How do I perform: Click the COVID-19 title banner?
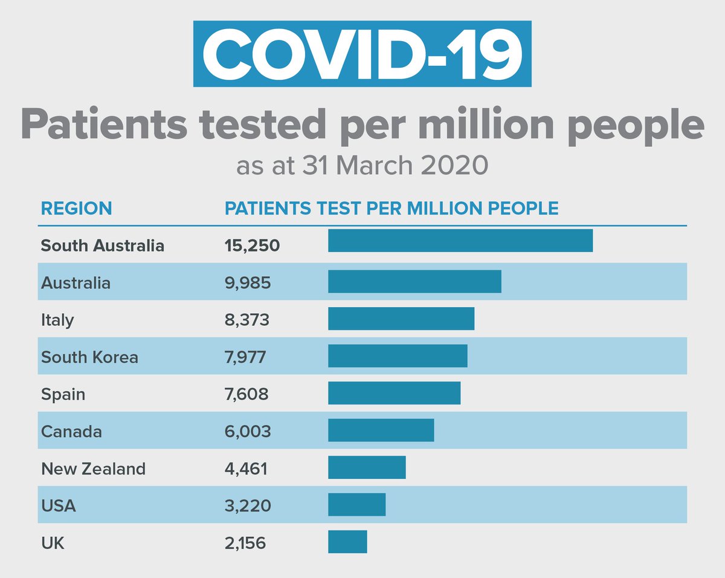pyautogui.click(x=362, y=54)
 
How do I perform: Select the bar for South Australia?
pyautogui.click(x=460, y=241)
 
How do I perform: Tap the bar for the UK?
pyautogui.click(x=347, y=542)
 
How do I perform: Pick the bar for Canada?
pyautogui.click(x=381, y=430)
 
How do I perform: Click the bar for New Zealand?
pyautogui.click(x=367, y=467)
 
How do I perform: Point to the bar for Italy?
pyautogui.click(x=401, y=319)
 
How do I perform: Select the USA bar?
pyautogui.click(x=356, y=504)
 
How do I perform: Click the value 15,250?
pyautogui.click(x=252, y=246)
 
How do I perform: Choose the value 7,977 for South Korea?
pyautogui.click(x=245, y=357)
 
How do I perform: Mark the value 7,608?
pyautogui.click(x=246, y=394)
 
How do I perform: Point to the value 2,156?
pyautogui.click(x=245, y=543)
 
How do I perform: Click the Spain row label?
pyautogui.click(x=63, y=395)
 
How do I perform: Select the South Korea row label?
pyautogui.click(x=89, y=357)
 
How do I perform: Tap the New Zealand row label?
pyautogui.click(x=93, y=469)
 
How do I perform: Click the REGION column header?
pyautogui.click(x=76, y=209)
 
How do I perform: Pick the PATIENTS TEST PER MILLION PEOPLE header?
pyautogui.click(x=391, y=209)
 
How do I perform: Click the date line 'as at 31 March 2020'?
pyautogui.click(x=362, y=165)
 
